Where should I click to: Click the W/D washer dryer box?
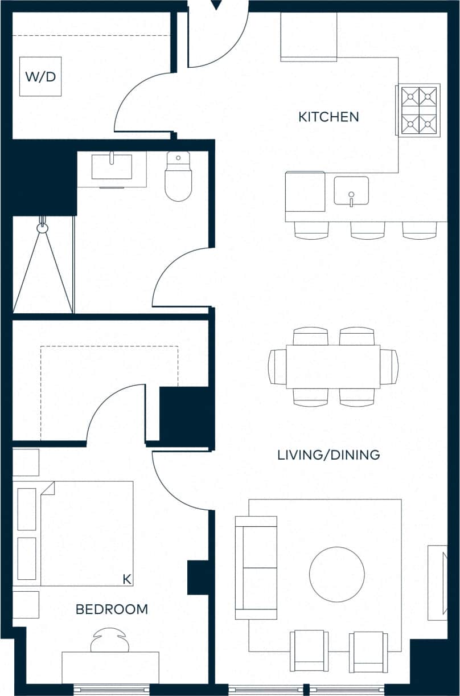click(40, 76)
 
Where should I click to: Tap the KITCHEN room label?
click(328, 117)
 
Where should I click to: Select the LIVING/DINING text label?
click(328, 455)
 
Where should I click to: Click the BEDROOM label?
click(112, 609)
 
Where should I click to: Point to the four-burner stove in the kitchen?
click(419, 110)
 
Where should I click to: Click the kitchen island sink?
click(351, 191)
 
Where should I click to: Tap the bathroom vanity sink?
click(112, 167)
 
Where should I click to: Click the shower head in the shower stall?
click(42, 228)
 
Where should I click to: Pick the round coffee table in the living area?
click(337, 574)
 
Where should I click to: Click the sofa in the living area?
click(256, 567)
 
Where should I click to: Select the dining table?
click(333, 367)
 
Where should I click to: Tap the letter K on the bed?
click(127, 579)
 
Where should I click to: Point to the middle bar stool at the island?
click(368, 230)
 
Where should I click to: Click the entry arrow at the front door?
click(216, 5)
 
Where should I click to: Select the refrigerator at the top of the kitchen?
click(309, 36)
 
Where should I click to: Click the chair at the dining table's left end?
click(277, 367)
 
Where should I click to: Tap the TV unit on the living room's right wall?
click(437, 583)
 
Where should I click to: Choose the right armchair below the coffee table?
click(368, 651)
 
